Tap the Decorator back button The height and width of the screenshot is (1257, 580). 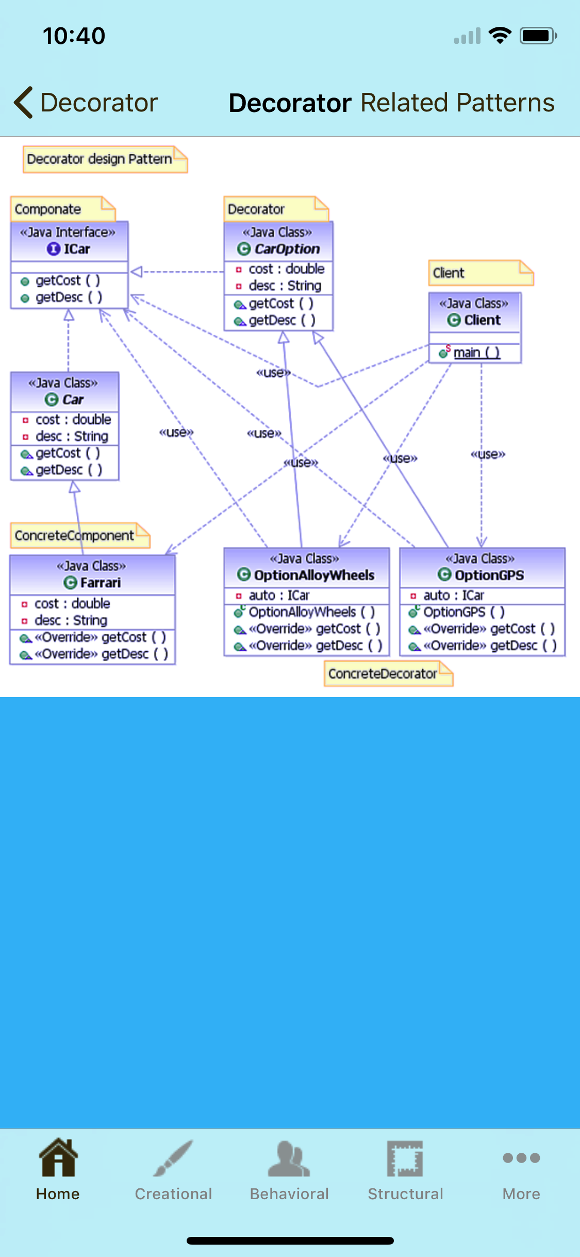click(x=85, y=102)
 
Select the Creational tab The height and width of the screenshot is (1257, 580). click(x=174, y=1171)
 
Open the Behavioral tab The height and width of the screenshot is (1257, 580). click(x=289, y=1171)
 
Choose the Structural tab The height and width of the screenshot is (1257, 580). click(x=405, y=1171)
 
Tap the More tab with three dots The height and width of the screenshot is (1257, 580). click(x=521, y=1171)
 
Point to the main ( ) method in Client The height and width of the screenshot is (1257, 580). click(x=476, y=352)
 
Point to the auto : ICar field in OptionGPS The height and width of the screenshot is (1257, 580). click(x=454, y=595)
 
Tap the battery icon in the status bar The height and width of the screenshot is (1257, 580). click(x=538, y=36)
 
